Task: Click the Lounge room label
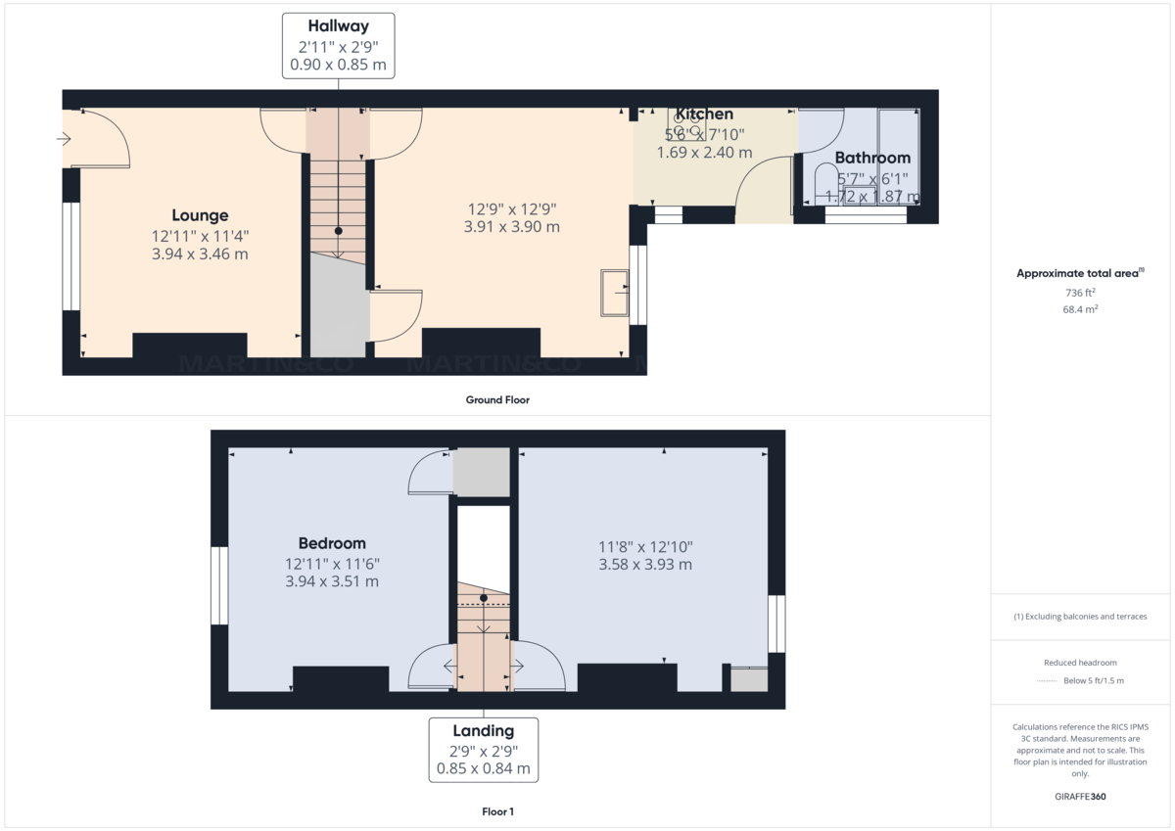click(x=200, y=215)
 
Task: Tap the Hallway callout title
click(x=338, y=26)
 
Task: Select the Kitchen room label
click(x=704, y=115)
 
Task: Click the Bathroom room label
click(x=872, y=158)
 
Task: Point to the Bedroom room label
click(x=332, y=543)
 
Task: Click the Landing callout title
click(x=483, y=730)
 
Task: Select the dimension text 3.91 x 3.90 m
click(x=513, y=227)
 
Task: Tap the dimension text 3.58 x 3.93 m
click(x=645, y=565)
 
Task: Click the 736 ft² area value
click(x=1080, y=293)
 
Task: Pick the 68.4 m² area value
click(x=1080, y=309)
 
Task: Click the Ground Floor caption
click(x=497, y=399)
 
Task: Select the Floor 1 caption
click(x=497, y=811)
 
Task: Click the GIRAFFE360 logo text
click(x=1080, y=797)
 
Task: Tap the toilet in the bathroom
click(x=824, y=181)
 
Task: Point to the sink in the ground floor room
click(x=615, y=293)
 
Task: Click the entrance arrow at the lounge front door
click(x=65, y=139)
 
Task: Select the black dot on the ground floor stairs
click(x=338, y=231)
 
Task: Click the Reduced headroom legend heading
click(x=1080, y=663)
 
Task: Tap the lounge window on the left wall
click(x=70, y=256)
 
